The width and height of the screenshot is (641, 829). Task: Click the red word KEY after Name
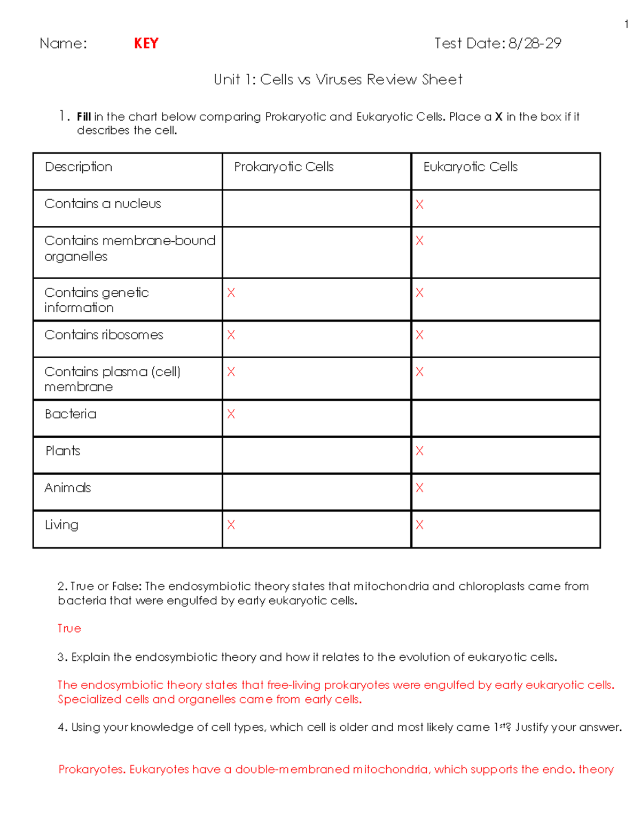146,43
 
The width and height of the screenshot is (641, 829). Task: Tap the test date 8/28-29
535,43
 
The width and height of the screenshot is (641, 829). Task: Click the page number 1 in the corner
626,24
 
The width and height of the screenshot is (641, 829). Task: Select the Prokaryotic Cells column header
284,167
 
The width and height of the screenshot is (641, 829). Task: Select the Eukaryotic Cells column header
470,167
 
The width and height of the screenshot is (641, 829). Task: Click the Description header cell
79,167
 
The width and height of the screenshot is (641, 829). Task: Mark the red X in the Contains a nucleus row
419,204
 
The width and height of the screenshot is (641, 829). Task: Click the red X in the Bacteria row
231,414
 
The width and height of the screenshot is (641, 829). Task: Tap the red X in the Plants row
419,451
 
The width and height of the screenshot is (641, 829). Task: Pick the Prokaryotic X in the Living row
231,525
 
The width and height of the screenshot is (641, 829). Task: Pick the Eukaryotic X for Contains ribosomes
419,335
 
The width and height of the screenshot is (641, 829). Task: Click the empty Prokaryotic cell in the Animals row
316,492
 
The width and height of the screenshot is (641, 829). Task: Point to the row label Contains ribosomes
104,335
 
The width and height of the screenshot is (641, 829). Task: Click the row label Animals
68,488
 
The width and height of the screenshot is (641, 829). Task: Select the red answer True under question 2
69,629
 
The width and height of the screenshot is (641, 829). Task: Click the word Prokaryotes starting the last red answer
91,770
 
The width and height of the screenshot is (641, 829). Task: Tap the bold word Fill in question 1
84,117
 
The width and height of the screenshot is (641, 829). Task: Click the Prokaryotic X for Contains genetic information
231,293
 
